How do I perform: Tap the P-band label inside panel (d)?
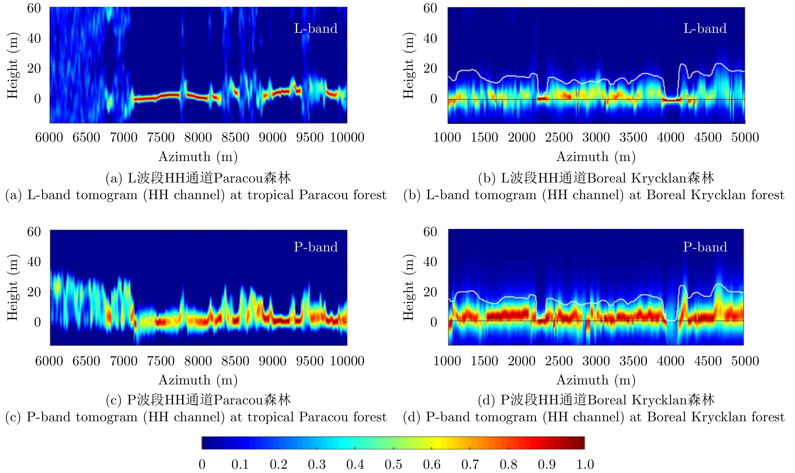tap(705, 247)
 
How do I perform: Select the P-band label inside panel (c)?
tap(315, 247)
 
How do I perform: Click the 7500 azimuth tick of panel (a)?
tap(161, 137)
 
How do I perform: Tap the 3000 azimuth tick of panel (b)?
tap(596, 137)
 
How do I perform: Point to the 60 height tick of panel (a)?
tap(34, 8)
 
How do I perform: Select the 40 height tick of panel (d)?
tap(430, 262)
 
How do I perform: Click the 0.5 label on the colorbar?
tap(393, 464)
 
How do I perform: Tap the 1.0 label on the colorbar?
tap(585, 464)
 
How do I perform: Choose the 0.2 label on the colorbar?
tap(278, 464)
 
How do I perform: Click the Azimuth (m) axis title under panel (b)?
tap(596, 157)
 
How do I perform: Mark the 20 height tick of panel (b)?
tap(430, 69)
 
